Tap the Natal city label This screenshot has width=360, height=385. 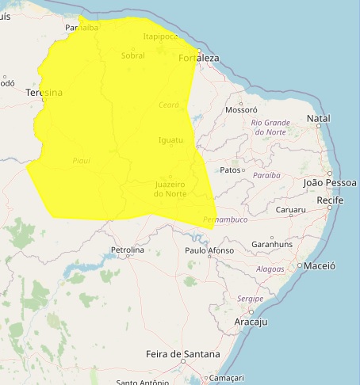tap(318, 119)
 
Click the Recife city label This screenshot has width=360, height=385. tap(329, 201)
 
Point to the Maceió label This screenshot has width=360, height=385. tap(320, 266)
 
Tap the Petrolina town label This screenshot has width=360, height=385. tap(128, 250)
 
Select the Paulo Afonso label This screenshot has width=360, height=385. tap(209, 250)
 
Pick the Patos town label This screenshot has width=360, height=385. tap(230, 170)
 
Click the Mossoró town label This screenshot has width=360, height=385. tap(242, 110)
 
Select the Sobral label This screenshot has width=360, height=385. tap(133, 55)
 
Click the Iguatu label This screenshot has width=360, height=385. tap(170, 140)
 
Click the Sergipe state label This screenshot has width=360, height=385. tap(249, 299)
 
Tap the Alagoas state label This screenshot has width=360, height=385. tap(270, 269)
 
